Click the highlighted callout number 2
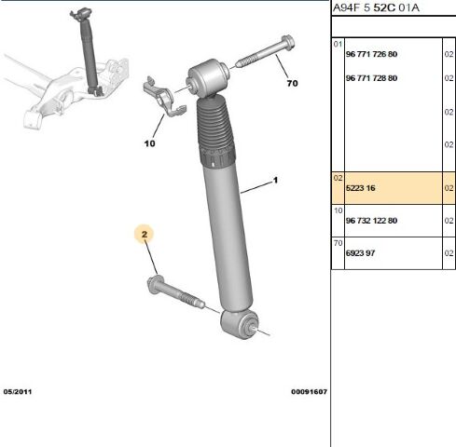(145, 234)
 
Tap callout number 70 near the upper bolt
(292, 83)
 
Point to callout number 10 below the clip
(149, 143)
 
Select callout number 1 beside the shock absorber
(275, 180)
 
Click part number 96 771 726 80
(371, 54)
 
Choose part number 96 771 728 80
(371, 78)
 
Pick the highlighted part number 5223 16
(361, 188)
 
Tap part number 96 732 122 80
(371, 221)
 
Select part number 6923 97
(361, 253)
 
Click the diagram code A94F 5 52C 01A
(376, 7)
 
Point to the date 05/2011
(18, 391)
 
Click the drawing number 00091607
(309, 391)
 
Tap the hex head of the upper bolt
(288, 42)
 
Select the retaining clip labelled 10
(164, 97)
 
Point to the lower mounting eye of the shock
(240, 324)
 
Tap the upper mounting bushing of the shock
(208, 78)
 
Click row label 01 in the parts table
(338, 44)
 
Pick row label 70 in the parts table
(338, 243)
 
